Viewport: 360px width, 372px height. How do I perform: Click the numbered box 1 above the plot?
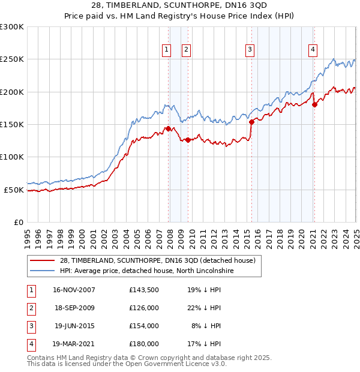tap(165, 50)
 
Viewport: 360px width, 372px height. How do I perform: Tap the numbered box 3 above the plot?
tap(249, 50)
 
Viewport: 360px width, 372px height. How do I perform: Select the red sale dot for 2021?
tap(314, 104)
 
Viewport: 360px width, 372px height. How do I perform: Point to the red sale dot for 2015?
tap(251, 122)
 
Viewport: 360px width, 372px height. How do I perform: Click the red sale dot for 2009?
tap(188, 140)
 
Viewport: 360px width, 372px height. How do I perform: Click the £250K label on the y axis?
tap(12, 59)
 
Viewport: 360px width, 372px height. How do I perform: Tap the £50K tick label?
tap(14, 190)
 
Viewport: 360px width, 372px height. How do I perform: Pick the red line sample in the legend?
tap(42, 260)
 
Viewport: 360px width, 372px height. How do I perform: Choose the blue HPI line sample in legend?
tap(42, 271)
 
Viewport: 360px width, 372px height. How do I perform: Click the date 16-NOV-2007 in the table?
tap(74, 290)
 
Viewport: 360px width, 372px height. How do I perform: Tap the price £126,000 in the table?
tap(144, 308)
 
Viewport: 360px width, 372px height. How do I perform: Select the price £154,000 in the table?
tap(144, 326)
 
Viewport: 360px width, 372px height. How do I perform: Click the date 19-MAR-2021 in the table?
tap(74, 344)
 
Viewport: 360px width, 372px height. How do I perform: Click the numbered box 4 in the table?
tap(30, 344)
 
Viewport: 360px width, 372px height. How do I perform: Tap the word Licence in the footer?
tap(184, 364)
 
